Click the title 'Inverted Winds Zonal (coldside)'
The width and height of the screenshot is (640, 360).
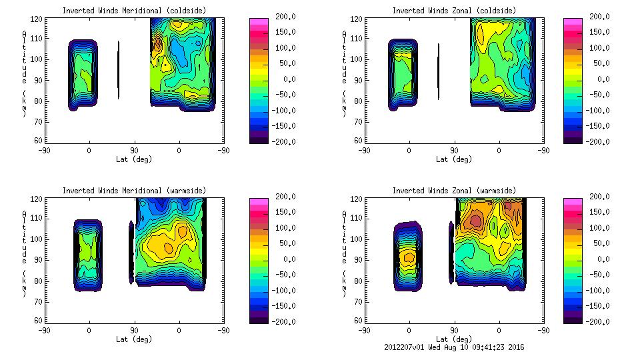(x=453, y=11)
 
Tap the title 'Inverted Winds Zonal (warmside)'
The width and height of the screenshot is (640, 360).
(x=453, y=191)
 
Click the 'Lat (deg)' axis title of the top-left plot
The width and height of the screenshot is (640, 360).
(x=133, y=160)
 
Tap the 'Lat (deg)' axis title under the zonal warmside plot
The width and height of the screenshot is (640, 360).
(x=453, y=339)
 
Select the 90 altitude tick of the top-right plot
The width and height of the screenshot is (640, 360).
(x=360, y=80)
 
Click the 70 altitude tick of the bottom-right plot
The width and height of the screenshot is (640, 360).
(x=360, y=301)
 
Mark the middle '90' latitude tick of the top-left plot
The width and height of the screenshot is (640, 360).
(x=133, y=151)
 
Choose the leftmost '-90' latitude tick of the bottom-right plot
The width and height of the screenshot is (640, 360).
(x=364, y=330)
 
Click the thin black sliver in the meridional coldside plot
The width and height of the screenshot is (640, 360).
(x=118, y=70)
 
